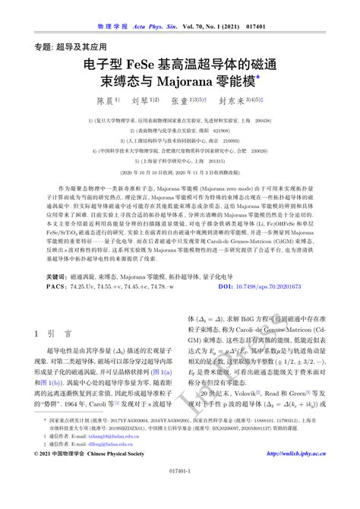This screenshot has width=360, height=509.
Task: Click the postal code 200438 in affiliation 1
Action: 261,120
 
